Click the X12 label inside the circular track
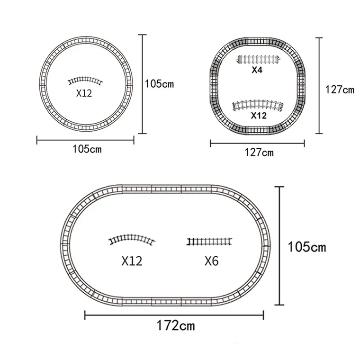[x=84, y=93]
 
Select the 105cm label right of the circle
[x=159, y=84]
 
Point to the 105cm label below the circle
[x=87, y=149]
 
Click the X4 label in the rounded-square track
[x=257, y=70]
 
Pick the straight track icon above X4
[x=258, y=60]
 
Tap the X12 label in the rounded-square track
[x=259, y=116]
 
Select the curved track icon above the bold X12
[x=258, y=105]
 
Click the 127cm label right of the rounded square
[x=340, y=90]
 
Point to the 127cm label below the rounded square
[x=259, y=153]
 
